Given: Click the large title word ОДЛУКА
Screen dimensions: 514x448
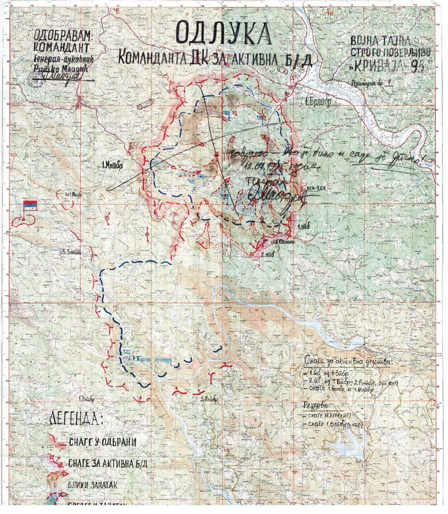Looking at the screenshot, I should [x=223, y=34].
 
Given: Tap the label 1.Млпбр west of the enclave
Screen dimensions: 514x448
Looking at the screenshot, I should [x=112, y=165].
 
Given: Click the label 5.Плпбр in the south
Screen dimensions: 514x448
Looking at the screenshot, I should [x=209, y=398].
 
